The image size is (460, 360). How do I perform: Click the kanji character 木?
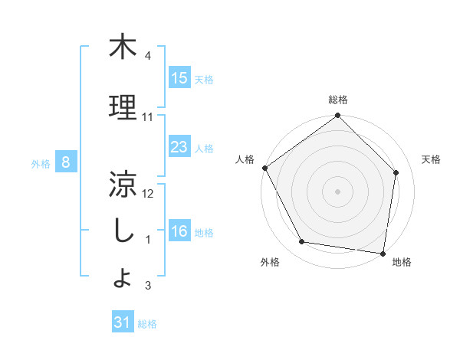(123, 47)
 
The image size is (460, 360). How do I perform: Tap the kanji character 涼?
(123, 184)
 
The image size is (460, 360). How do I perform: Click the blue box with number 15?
(179, 78)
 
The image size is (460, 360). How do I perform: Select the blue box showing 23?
(179, 147)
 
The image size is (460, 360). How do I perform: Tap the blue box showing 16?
(179, 231)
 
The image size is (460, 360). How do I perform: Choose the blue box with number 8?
(66, 162)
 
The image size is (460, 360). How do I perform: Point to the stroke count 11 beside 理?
(147, 117)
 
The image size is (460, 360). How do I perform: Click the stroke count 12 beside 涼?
(148, 194)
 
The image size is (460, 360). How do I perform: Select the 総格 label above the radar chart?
(338, 100)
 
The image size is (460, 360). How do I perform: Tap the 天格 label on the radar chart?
(432, 159)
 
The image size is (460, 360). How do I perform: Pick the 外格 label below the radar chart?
(270, 262)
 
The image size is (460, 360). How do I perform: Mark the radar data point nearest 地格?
(383, 253)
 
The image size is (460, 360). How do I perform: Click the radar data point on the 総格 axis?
(338, 116)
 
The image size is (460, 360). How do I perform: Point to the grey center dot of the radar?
(338, 191)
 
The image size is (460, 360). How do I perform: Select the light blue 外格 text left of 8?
(40, 163)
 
